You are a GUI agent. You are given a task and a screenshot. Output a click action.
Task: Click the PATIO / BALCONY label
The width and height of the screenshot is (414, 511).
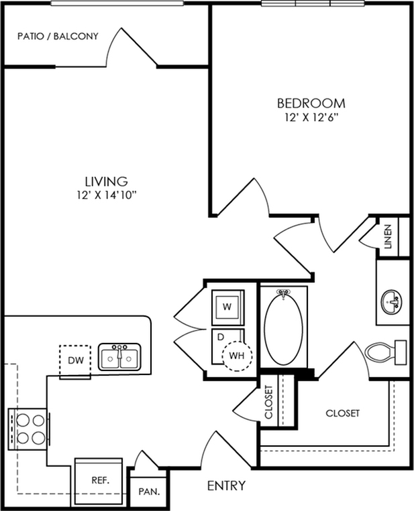click(x=58, y=36)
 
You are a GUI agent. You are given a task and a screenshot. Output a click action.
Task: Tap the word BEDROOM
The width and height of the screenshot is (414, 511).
click(x=311, y=103)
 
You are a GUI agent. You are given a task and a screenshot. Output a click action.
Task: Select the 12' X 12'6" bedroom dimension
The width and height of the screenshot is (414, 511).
click(x=311, y=118)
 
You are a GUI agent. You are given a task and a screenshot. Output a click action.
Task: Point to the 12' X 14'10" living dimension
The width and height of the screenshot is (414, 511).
click(x=107, y=195)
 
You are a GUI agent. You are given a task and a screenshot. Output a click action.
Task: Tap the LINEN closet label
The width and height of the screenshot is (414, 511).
click(x=388, y=237)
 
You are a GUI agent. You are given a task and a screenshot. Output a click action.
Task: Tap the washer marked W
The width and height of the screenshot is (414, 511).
click(x=227, y=307)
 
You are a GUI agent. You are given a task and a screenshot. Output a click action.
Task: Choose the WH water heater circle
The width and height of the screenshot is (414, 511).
click(x=237, y=356)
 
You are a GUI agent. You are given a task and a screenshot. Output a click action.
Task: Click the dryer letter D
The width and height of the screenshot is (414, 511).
click(x=221, y=338)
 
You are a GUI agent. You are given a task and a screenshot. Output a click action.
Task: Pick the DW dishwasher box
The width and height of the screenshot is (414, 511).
click(x=75, y=361)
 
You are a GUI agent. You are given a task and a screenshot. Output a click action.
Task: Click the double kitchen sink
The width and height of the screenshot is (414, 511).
click(x=119, y=357)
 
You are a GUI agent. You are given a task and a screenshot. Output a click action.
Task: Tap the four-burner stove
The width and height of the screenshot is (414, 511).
click(x=28, y=429)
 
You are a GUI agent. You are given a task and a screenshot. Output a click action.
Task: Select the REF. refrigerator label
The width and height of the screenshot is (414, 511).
click(x=101, y=480)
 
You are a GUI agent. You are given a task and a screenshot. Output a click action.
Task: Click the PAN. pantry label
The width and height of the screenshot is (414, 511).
click(x=149, y=492)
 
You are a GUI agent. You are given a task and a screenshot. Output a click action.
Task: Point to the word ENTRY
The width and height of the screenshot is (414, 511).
click(x=226, y=486)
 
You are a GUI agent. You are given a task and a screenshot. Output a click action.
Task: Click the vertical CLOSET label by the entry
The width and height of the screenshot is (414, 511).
click(x=268, y=402)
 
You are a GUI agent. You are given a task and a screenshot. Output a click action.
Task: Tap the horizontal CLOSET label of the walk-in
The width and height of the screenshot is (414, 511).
click(x=342, y=413)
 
